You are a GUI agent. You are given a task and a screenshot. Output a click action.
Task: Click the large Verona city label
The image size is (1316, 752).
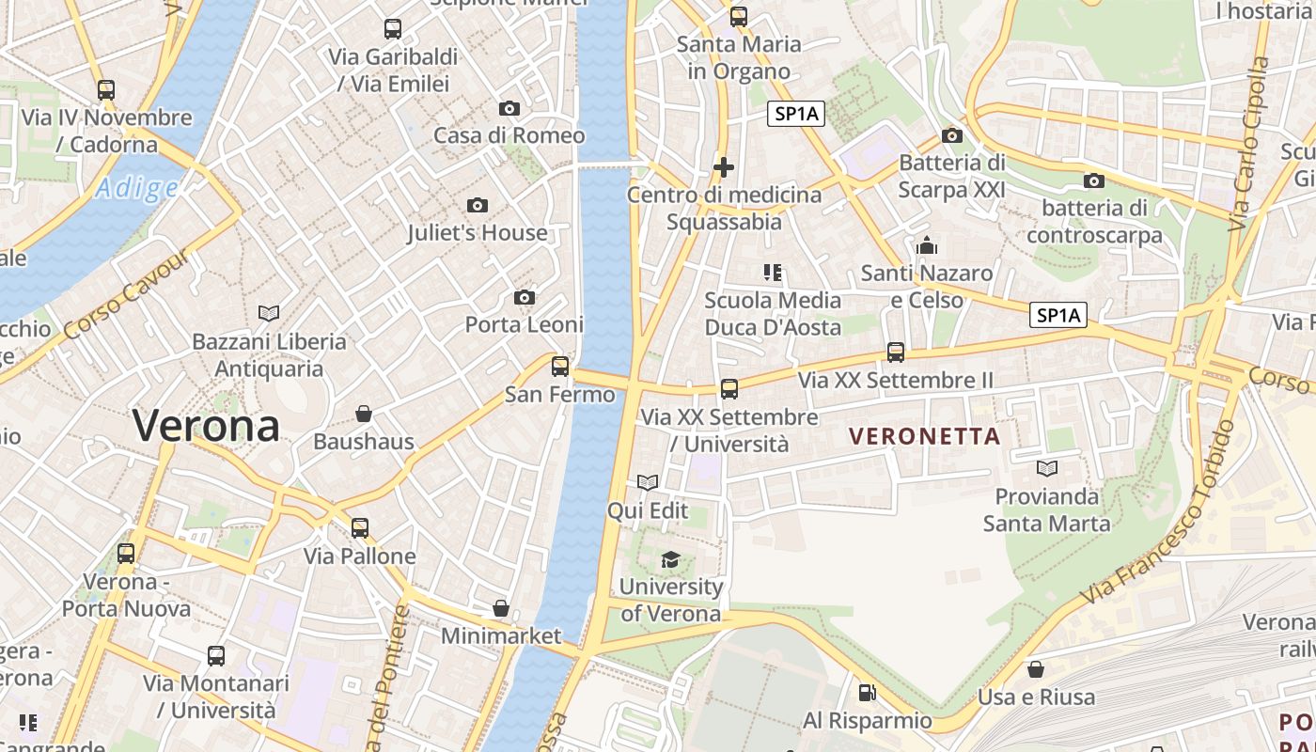coord(206,426)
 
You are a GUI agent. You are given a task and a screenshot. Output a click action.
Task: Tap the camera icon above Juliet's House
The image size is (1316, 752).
coord(478,205)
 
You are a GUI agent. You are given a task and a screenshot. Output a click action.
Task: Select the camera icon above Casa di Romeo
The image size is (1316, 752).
coord(509,108)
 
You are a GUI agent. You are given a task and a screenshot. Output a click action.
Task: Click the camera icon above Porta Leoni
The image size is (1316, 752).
coord(525,298)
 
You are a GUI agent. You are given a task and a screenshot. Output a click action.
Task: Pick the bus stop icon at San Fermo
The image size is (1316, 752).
coord(560,366)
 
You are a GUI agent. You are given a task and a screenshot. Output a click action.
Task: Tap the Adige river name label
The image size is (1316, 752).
coord(137,189)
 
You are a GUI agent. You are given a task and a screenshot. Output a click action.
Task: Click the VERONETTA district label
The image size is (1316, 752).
coord(924,436)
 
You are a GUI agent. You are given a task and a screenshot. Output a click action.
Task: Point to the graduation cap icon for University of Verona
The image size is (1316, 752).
coord(670,560)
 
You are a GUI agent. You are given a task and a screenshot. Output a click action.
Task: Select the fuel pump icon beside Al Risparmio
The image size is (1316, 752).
coord(867,694)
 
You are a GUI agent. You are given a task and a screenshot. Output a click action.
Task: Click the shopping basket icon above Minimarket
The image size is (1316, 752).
coord(501,608)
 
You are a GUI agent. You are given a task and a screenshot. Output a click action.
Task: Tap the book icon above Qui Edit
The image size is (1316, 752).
coord(648,483)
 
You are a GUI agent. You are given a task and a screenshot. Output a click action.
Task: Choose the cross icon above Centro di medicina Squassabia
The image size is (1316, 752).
coord(724,167)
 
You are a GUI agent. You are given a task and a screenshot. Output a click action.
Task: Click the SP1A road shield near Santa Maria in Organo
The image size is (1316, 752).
coord(795,115)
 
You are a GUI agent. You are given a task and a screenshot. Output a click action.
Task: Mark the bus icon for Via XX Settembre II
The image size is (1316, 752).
coord(896,352)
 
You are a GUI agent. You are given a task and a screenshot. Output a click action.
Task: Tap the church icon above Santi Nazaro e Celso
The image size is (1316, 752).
coord(928,246)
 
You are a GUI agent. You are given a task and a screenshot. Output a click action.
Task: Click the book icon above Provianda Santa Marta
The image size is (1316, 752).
coord(1047,468)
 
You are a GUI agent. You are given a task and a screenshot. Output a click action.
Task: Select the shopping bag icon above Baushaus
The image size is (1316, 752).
coord(364,414)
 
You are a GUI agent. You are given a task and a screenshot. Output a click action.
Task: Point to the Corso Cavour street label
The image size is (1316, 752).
coord(127,294)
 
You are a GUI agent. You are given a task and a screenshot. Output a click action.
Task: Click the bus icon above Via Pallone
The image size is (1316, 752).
coord(360,528)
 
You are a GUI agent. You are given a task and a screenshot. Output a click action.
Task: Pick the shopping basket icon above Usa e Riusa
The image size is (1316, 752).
coord(1036,669)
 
